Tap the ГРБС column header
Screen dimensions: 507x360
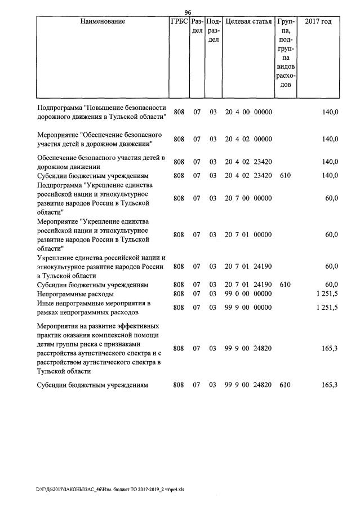(x=179, y=21)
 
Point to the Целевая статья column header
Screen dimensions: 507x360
(x=248, y=21)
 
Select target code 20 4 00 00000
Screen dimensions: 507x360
(x=248, y=112)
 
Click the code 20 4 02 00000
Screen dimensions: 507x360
(x=248, y=139)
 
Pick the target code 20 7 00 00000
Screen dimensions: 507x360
(x=248, y=198)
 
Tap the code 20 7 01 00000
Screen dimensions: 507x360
(x=248, y=234)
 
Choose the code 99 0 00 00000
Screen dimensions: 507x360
(x=248, y=294)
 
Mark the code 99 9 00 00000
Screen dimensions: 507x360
(x=248, y=308)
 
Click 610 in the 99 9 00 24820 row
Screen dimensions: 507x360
(x=285, y=385)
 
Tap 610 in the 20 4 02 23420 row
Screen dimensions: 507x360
(x=285, y=175)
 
